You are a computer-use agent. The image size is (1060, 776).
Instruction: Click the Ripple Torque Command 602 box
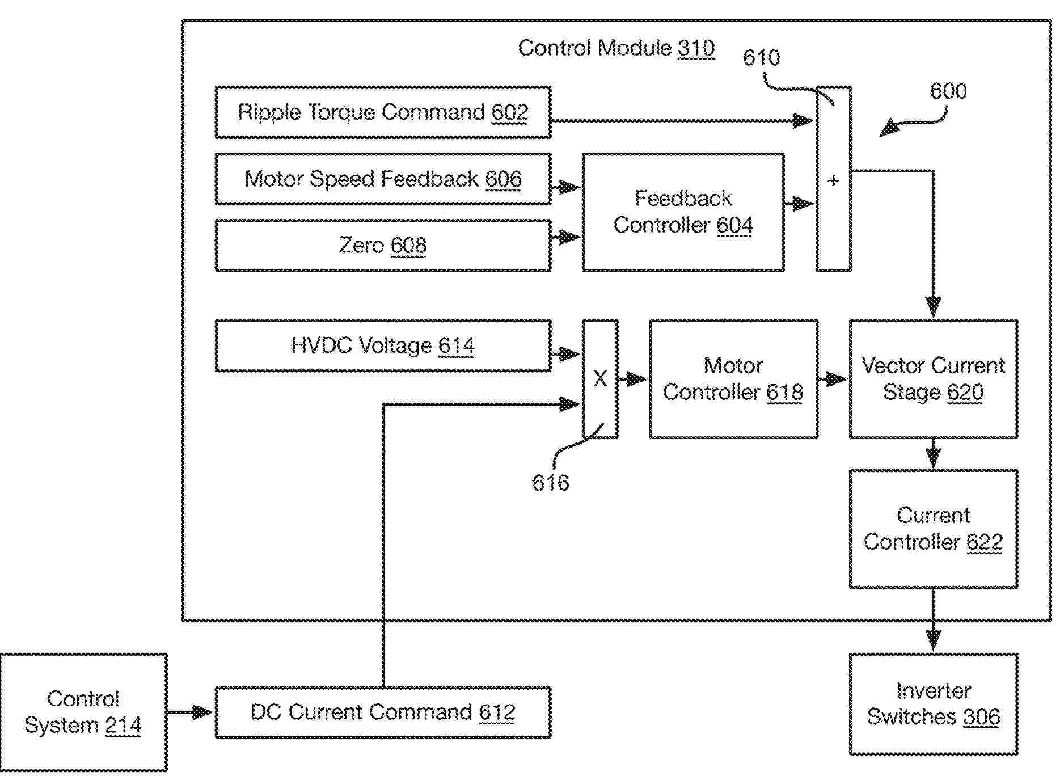point(383,112)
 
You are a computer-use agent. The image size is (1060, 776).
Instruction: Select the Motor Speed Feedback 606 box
point(383,179)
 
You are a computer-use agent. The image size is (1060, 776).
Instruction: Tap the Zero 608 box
point(383,246)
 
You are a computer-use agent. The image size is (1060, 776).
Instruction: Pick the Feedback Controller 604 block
point(683,212)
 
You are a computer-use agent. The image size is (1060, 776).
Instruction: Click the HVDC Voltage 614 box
point(383,345)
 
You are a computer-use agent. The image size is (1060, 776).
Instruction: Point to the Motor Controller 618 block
point(733,379)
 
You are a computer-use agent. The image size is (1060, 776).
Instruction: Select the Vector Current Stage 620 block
point(934,379)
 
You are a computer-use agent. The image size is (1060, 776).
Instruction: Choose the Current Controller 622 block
point(934,529)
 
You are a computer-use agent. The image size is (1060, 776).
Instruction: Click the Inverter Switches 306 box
point(934,704)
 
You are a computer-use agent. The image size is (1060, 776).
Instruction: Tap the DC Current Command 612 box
point(383,712)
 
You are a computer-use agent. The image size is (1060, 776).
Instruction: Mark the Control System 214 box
point(83,712)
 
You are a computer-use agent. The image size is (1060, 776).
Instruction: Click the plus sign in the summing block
point(833,181)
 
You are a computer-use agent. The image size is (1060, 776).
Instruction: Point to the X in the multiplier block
point(600,378)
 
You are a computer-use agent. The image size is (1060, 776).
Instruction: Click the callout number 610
point(761,57)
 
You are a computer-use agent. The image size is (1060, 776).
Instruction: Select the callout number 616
point(550,483)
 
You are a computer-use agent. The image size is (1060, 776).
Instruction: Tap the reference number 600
point(948,91)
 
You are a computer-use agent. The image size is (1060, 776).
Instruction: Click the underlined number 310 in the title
point(696,48)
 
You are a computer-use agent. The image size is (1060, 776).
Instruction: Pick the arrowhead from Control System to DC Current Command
point(201,712)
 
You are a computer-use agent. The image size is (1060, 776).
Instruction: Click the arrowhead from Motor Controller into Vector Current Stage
point(836,379)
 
